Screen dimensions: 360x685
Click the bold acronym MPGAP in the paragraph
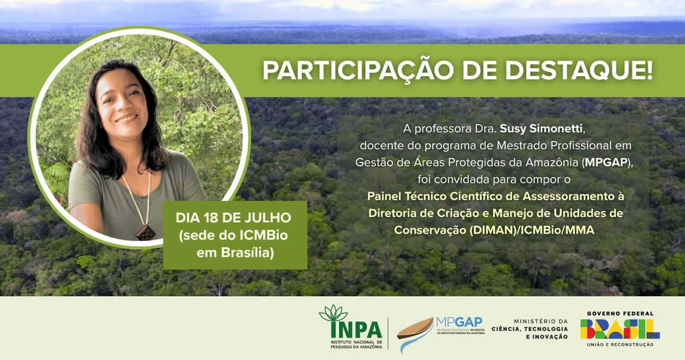click(x=606, y=162)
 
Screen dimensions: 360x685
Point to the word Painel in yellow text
click(x=385, y=195)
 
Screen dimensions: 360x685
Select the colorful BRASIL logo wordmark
click(x=619, y=329)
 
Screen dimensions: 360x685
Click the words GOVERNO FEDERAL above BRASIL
click(x=619, y=314)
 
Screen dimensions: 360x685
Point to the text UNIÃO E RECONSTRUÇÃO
click(x=619, y=345)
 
